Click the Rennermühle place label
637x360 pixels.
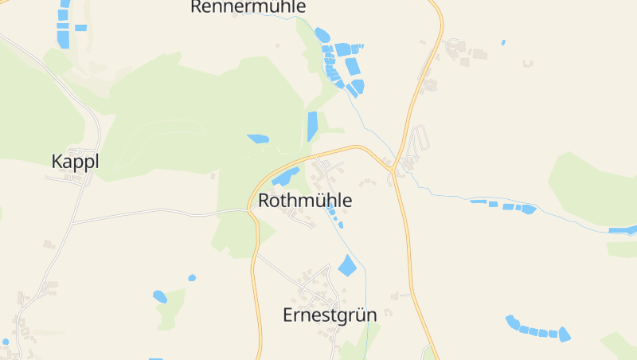pos(248,7)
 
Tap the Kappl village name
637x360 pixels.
pos(75,162)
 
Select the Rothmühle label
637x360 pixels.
pos(305,201)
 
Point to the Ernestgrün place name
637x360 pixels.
pos(330,315)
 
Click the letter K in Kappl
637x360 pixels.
pos(57,162)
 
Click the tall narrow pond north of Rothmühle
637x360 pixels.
pos(312,126)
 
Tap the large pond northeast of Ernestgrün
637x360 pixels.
pos(347,265)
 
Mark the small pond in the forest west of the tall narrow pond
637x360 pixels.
pos(258,139)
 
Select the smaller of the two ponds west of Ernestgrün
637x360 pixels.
pos(192,278)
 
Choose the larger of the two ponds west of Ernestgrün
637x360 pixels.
pos(160,296)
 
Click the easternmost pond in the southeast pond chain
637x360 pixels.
pos(565,335)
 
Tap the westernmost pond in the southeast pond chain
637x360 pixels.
pos(512,322)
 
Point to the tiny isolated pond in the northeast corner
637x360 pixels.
pos(503,41)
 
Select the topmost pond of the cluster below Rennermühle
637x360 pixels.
pos(322,35)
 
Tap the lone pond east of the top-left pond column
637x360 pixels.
pos(80,28)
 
